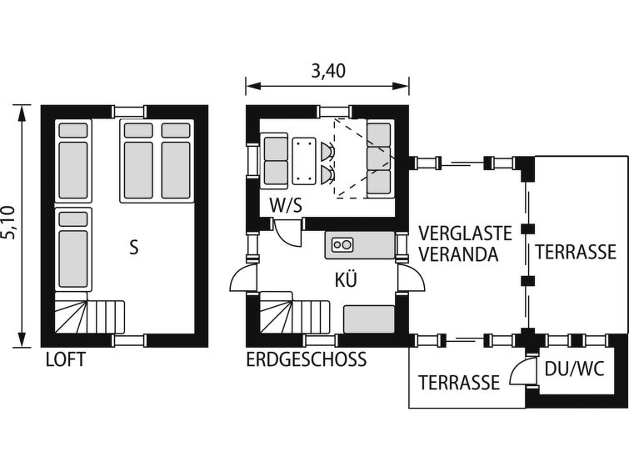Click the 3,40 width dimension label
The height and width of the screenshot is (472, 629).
pos(328,71)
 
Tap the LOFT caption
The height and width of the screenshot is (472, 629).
pos(66,359)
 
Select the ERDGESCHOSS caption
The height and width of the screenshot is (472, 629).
pos(306,359)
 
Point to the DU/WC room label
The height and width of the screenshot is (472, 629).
pos(574,369)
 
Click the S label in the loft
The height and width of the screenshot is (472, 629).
pos(134,248)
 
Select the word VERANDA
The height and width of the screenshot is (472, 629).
pos(458,254)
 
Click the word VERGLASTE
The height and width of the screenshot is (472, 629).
pos(466,233)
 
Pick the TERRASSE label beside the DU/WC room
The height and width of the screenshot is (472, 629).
pos(459,383)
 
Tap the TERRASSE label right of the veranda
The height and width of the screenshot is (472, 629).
pos(575,252)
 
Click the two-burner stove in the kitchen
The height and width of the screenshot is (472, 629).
pos(342,244)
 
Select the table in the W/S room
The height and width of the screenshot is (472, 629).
pos(303,161)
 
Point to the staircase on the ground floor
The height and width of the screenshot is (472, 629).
pos(295,313)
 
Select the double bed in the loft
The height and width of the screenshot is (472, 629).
pos(157,161)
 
